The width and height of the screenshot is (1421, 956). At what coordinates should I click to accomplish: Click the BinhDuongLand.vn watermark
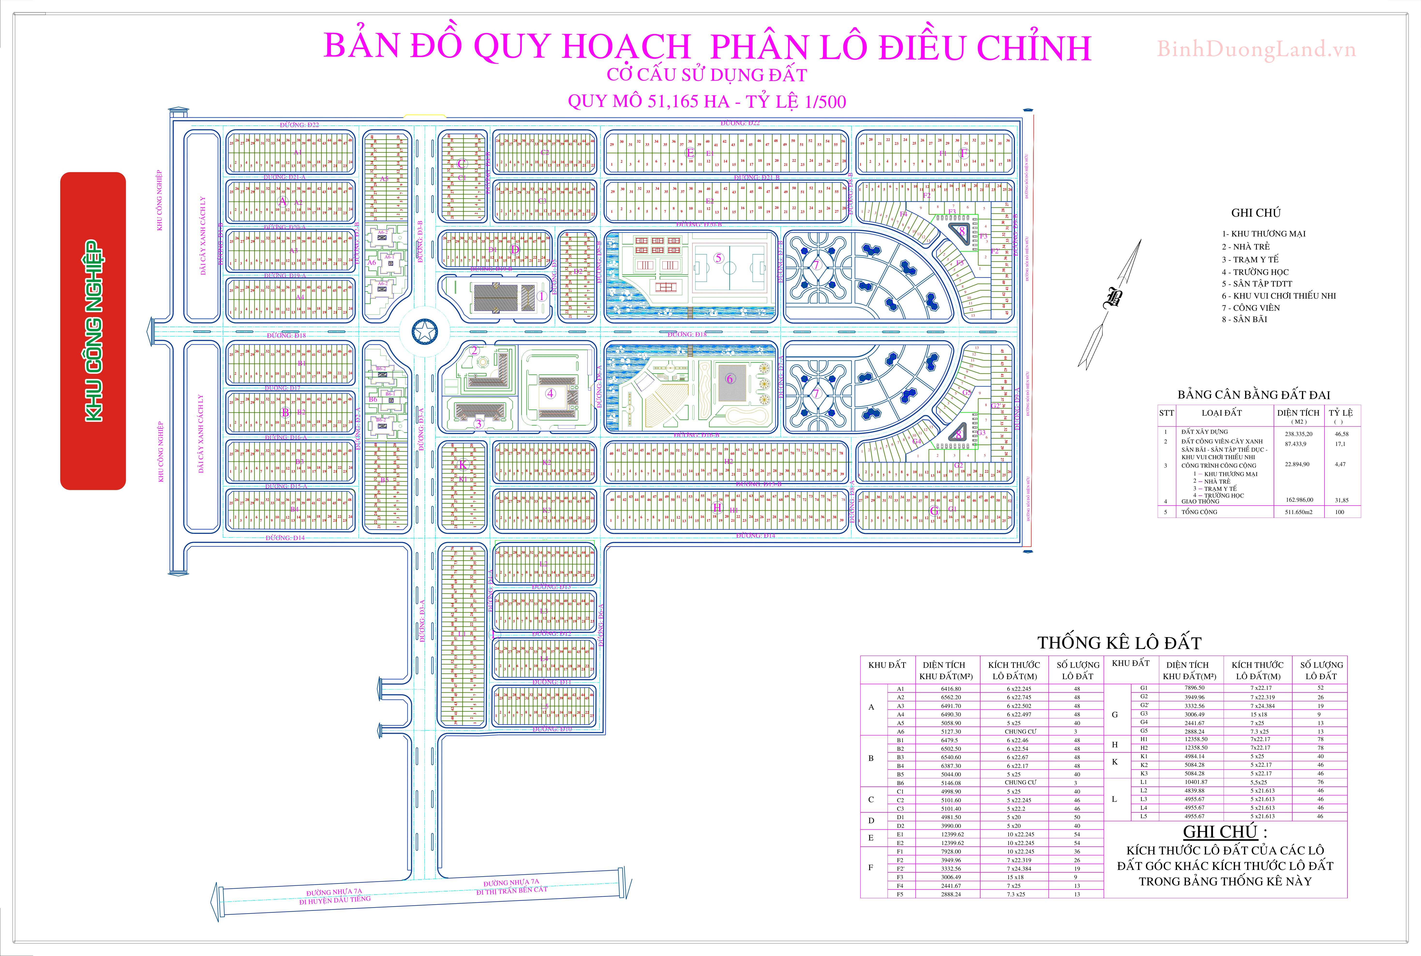click(x=1256, y=49)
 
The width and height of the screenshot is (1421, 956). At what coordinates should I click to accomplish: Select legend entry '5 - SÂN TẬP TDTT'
click(x=1256, y=284)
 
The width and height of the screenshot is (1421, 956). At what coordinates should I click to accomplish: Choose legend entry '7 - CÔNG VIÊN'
click(x=1250, y=307)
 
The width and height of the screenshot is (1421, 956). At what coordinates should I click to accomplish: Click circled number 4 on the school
click(x=550, y=393)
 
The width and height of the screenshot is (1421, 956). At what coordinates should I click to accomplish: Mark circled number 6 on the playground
click(x=729, y=379)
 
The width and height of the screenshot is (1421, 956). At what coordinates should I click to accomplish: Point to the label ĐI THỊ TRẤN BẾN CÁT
click(x=512, y=891)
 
